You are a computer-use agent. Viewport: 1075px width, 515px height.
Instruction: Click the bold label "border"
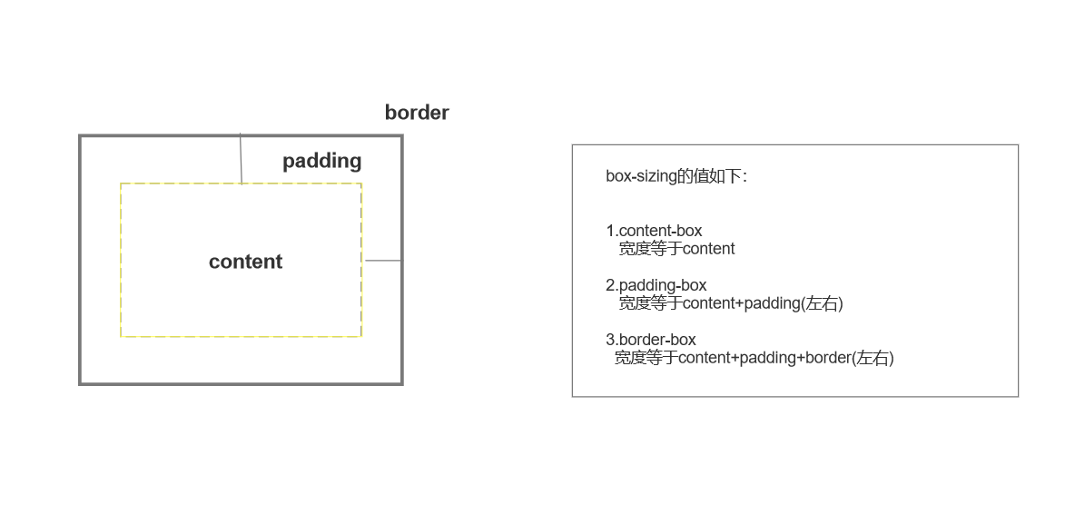417,113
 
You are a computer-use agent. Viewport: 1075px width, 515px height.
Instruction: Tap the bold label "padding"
321,161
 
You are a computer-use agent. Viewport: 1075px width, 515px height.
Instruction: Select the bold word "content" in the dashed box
245,262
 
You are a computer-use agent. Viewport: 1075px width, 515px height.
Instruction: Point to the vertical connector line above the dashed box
241,159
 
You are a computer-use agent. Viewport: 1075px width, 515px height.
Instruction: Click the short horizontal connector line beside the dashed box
382,261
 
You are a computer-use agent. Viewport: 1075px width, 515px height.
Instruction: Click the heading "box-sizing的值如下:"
676,176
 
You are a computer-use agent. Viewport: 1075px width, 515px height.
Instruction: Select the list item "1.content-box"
654,231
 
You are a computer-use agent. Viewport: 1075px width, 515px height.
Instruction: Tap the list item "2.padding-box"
656,285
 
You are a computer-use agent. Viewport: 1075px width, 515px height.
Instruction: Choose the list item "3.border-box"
651,340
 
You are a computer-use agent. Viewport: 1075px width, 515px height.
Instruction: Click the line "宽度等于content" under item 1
676,249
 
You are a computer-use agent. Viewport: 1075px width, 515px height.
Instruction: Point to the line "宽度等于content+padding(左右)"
731,303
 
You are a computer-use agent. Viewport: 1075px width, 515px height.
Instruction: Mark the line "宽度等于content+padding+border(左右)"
754,358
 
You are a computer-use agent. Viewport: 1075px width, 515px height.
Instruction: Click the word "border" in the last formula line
827,358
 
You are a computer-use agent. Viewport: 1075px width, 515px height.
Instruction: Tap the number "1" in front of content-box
610,231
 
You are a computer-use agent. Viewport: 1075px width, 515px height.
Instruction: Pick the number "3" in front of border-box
610,340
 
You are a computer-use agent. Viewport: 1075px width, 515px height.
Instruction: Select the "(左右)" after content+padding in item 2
822,303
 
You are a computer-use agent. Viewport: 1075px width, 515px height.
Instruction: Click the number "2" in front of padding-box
610,285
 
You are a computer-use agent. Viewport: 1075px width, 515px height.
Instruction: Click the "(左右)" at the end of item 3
873,358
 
